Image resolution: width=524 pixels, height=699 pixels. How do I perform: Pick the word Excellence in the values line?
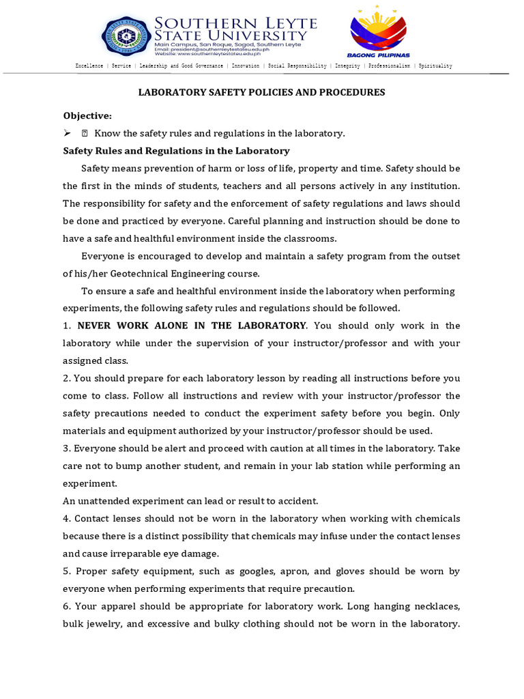click(x=89, y=66)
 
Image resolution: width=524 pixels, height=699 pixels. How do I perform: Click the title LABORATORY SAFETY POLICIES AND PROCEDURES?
click(x=262, y=92)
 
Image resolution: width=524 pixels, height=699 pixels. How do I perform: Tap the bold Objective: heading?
click(x=87, y=115)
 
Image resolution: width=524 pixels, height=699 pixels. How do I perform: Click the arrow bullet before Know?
click(x=67, y=133)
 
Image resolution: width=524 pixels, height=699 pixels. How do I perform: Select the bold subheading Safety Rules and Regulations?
click(x=176, y=151)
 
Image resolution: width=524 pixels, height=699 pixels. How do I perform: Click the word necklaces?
click(x=430, y=606)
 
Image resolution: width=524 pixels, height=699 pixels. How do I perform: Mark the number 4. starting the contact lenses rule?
click(x=67, y=518)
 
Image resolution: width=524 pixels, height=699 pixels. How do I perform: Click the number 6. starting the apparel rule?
click(x=67, y=606)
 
